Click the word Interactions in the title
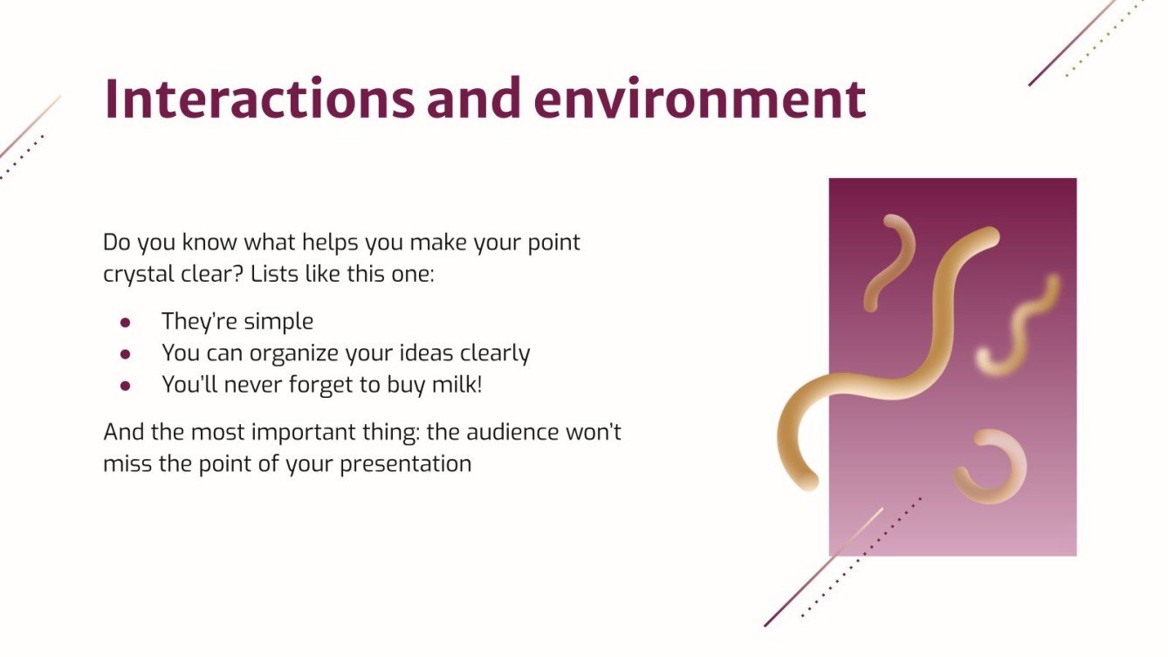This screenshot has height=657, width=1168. [x=258, y=99]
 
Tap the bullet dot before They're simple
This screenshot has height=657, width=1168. [x=126, y=322]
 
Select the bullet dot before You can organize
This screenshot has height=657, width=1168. [x=126, y=354]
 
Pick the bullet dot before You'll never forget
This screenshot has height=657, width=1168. [x=126, y=386]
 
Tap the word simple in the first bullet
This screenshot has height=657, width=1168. [x=278, y=322]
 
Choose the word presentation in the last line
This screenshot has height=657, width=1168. [x=405, y=462]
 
